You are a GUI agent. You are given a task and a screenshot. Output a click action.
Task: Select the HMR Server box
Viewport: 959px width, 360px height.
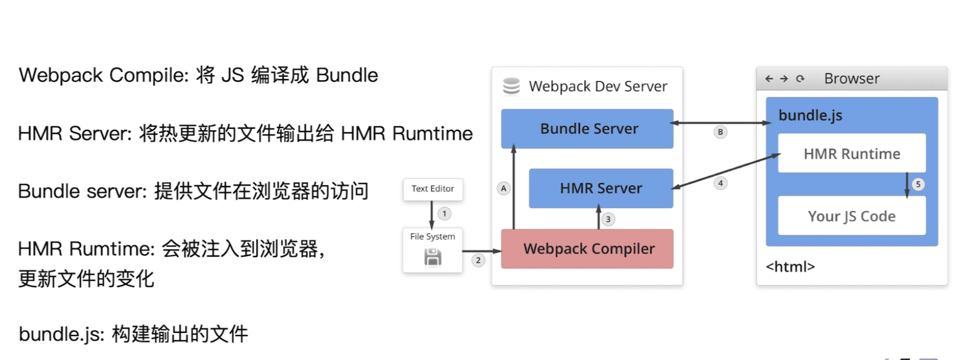[601, 188]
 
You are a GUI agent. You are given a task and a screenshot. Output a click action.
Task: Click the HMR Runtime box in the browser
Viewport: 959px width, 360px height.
[851, 153]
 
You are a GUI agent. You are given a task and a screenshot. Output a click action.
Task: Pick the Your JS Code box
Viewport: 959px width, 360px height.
[851, 216]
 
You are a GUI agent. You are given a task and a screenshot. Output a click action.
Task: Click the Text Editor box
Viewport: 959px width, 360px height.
[432, 189]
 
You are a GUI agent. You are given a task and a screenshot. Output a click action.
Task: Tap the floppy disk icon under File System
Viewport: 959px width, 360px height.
[432, 257]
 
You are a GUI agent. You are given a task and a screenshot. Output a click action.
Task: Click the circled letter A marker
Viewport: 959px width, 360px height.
[504, 188]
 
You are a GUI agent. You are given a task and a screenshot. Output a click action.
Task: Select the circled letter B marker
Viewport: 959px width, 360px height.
[720, 132]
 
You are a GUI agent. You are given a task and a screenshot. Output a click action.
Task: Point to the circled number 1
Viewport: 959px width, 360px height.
[444, 213]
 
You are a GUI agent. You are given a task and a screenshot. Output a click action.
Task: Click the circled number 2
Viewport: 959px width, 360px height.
[478, 260]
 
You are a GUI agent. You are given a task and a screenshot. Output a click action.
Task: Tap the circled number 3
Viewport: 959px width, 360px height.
[608, 219]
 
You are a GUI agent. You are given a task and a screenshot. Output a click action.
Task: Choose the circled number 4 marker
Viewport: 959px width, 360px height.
[720, 183]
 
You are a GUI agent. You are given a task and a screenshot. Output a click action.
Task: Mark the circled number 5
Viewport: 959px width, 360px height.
[918, 184]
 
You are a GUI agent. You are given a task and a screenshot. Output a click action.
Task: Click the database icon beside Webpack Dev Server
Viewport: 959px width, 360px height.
[511, 86]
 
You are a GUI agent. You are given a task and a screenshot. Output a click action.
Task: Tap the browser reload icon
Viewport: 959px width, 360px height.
[800, 79]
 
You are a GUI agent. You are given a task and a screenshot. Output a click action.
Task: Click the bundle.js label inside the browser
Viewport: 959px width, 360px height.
[810, 116]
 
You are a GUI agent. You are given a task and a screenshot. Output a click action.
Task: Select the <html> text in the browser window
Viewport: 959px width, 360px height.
[790, 266]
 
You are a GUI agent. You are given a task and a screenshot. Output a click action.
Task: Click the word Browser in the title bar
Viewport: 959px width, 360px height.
[852, 79]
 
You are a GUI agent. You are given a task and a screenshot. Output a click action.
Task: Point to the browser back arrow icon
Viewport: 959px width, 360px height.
[769, 79]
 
